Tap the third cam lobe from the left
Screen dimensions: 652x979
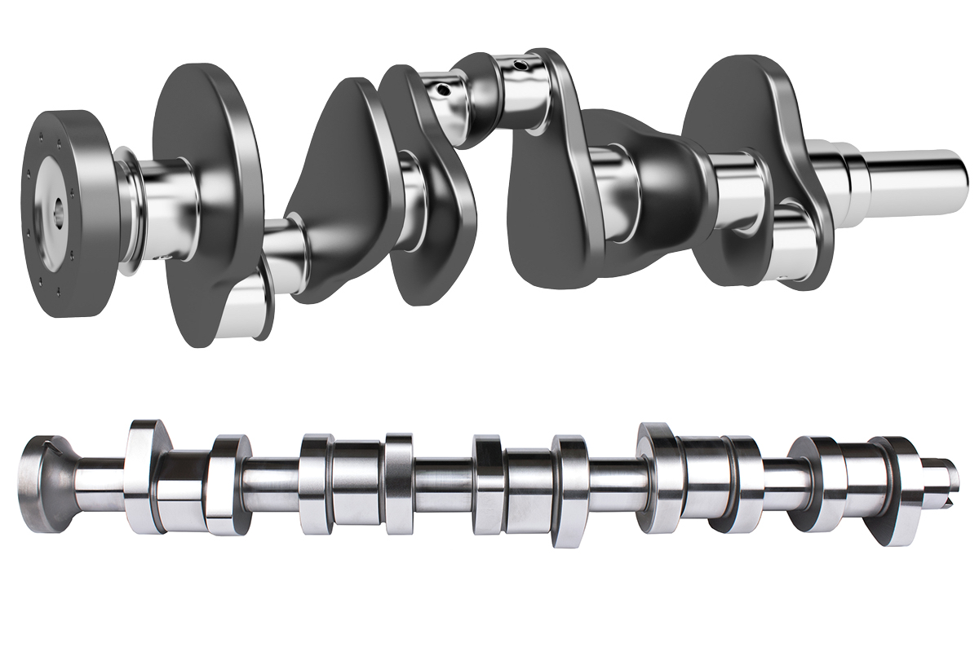[x=315, y=485]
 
